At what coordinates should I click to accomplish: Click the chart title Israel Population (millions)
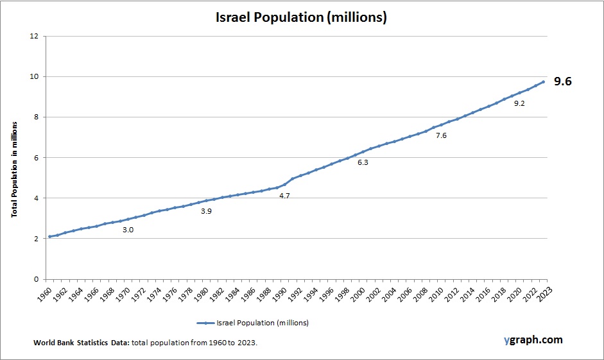pos(301,17)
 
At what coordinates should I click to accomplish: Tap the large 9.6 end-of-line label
pos(563,81)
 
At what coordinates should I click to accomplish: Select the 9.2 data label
pos(519,103)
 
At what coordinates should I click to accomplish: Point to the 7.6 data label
pos(441,135)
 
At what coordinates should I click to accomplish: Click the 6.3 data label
pos(363,163)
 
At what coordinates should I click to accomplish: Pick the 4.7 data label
pos(284,196)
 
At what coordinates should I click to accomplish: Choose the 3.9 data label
pos(206,211)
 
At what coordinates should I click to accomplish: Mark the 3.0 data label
pos(128,230)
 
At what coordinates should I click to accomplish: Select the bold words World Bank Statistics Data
pos(82,343)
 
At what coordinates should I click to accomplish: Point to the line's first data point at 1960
pos(49,237)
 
